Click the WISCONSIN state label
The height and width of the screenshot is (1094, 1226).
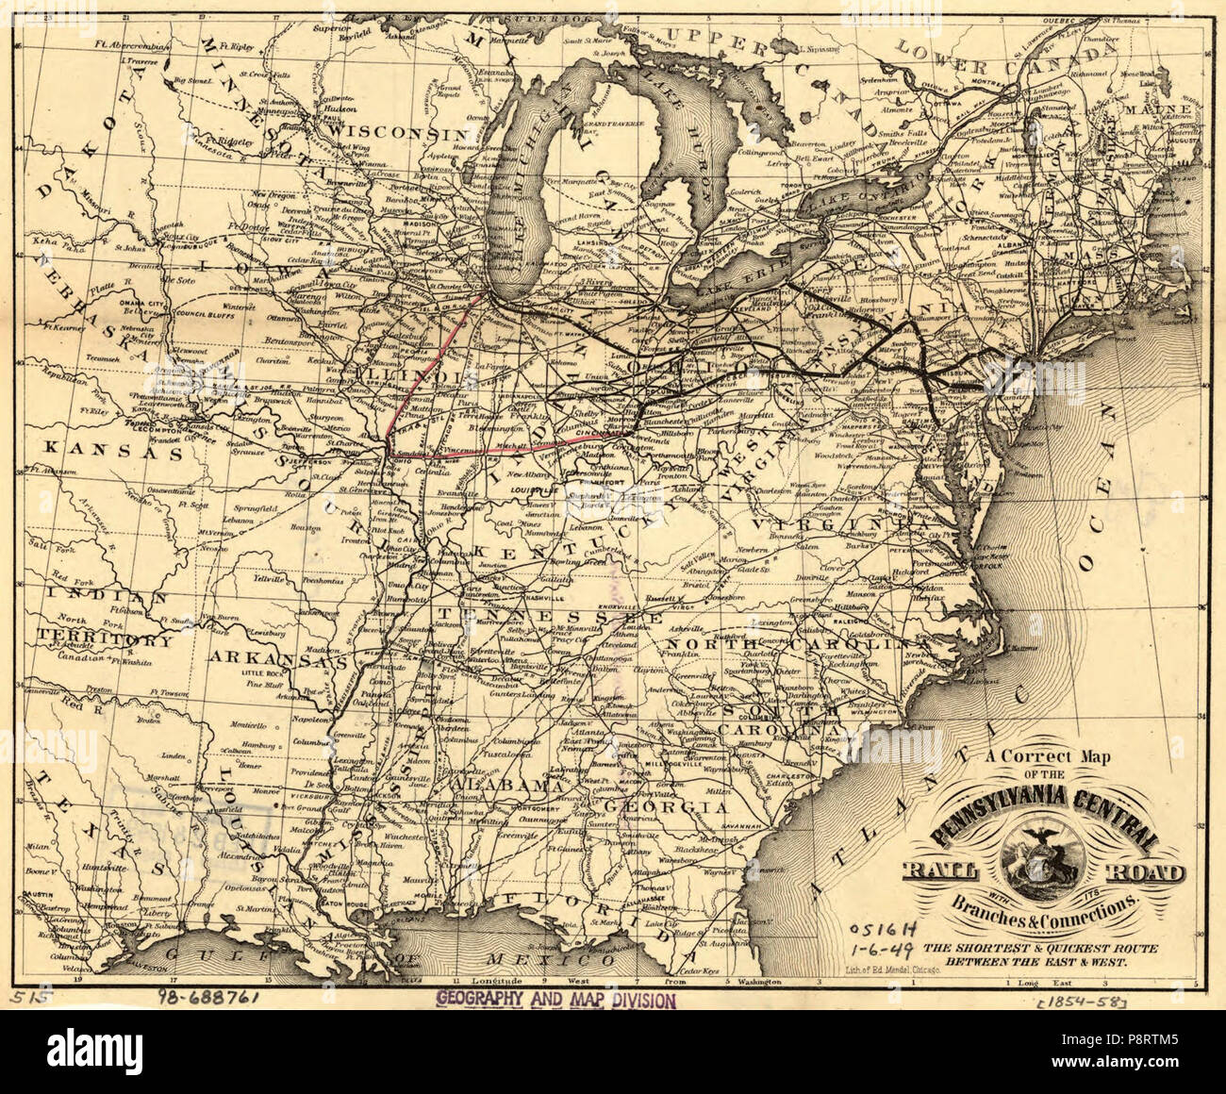point(409,133)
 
